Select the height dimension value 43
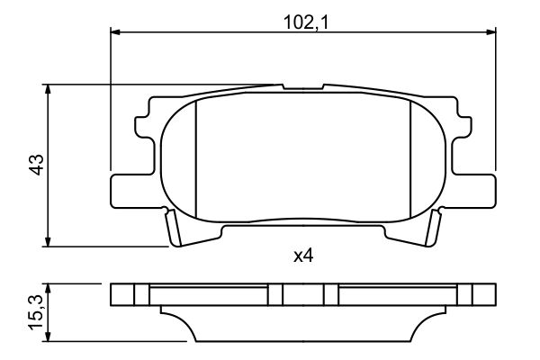pos(35,165)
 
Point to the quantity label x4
pos(302,256)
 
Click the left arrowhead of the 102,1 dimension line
pos(115,31)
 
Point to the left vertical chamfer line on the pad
pos(196,157)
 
